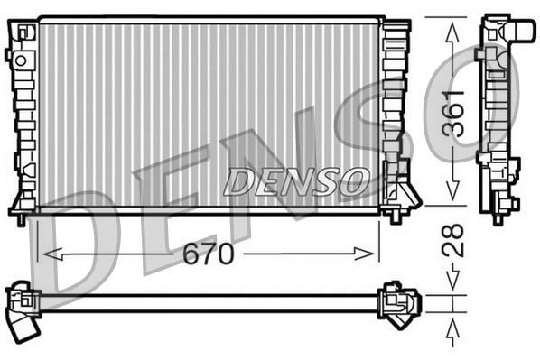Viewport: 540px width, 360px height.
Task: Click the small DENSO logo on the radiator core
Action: [x=297, y=181]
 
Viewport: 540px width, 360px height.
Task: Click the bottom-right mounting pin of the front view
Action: [x=395, y=217]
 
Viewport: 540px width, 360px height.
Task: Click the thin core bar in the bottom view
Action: [x=208, y=301]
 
